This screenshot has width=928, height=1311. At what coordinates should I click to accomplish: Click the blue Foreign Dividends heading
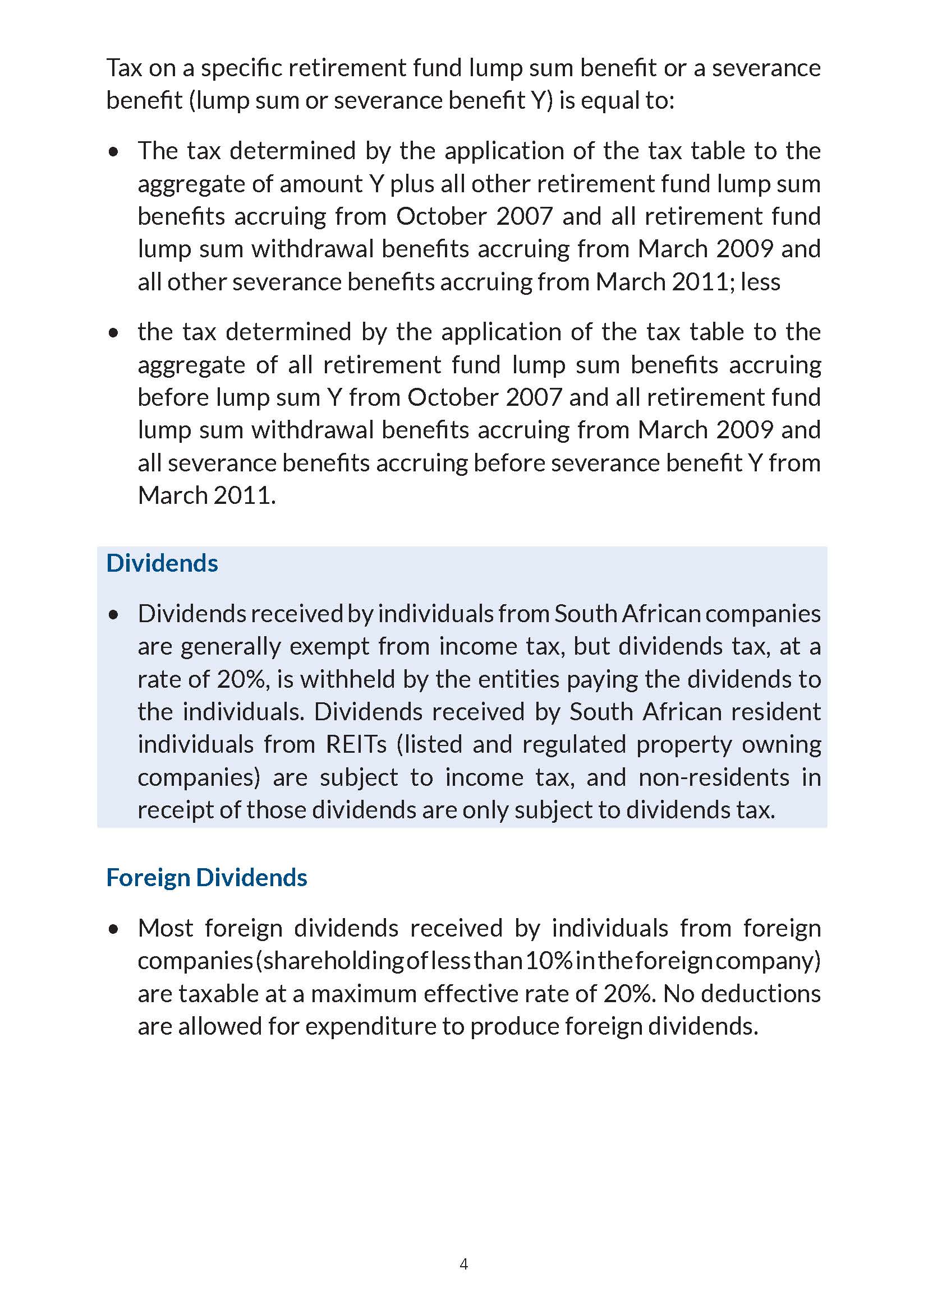click(x=206, y=878)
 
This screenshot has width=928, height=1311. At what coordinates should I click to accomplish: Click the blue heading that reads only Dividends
click(x=162, y=563)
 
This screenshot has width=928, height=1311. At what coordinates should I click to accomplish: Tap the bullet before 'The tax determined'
click(x=114, y=152)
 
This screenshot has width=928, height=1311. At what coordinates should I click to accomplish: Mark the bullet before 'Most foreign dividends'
click(x=114, y=929)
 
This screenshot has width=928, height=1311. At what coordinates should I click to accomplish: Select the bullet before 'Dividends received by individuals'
click(x=114, y=615)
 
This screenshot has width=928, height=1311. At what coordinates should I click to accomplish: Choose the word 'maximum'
click(x=363, y=994)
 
